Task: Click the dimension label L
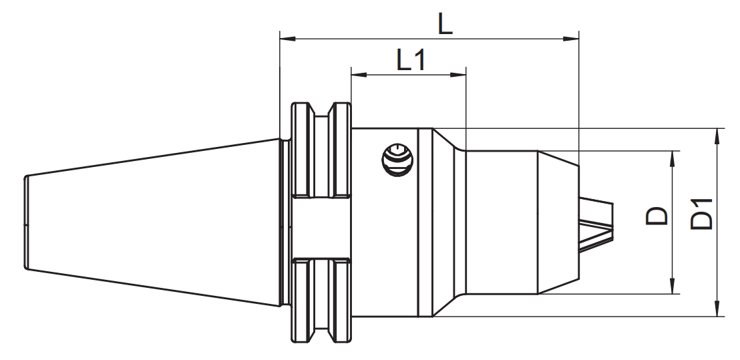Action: tap(445, 23)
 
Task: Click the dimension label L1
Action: tap(411, 60)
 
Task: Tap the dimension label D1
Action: tap(701, 214)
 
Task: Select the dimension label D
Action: tap(657, 216)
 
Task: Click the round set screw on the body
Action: tap(397, 160)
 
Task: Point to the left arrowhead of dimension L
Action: tap(287, 38)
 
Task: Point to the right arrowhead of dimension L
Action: tap(571, 38)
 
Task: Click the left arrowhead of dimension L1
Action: tap(359, 75)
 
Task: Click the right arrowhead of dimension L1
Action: tap(458, 75)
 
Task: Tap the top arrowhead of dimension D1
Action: tap(717, 136)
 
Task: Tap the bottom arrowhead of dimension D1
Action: tap(717, 309)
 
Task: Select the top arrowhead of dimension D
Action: tap(673, 159)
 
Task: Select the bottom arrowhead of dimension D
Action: tap(673, 286)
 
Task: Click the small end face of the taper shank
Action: tap(26, 222)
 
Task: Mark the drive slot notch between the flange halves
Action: tap(321, 227)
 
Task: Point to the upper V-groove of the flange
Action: tap(321, 150)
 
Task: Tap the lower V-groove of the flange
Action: tap(321, 300)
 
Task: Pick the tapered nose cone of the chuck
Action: tap(558, 222)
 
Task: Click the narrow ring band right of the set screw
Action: tap(425, 222)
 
